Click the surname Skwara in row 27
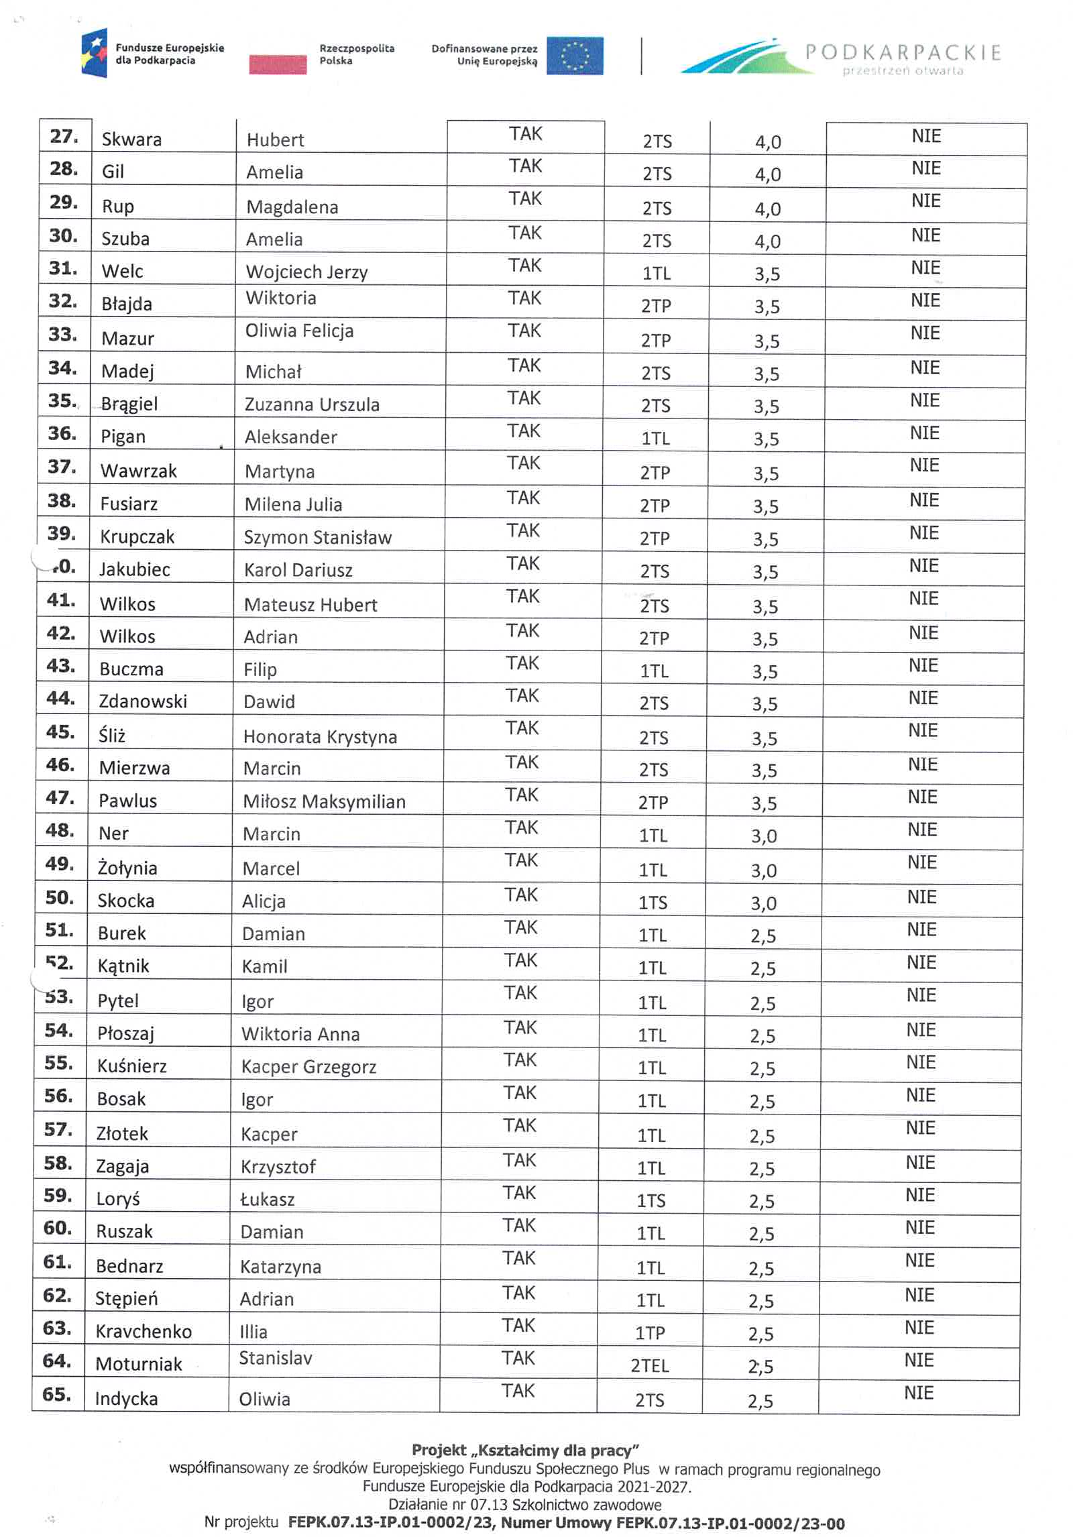[131, 139]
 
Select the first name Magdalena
[292, 207]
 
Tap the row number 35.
[62, 400]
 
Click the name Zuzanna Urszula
[312, 404]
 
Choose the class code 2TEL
[649, 1365]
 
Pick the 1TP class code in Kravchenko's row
[649, 1332]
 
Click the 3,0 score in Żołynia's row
[763, 870]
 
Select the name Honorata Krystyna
[320, 736]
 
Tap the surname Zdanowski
[143, 701]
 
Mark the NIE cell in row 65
[918, 1393]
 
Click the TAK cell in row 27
[525, 134]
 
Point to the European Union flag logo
[574, 56]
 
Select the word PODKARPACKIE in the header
[903, 52]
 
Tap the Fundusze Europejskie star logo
[95, 54]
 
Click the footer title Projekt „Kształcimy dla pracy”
[525, 1450]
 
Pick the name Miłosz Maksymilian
[324, 801]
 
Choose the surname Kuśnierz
[131, 1066]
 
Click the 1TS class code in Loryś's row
[651, 1200]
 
